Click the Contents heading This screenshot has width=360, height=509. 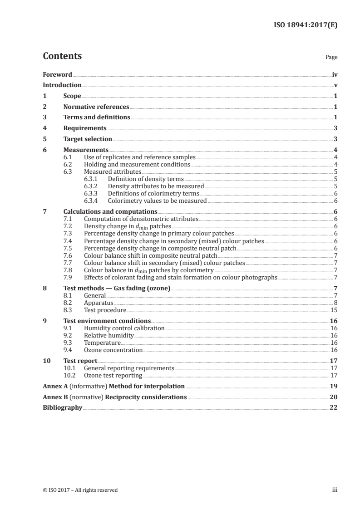click(62, 56)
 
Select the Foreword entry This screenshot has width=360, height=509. click(57, 74)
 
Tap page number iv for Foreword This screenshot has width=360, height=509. click(335, 74)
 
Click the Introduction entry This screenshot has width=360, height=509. click(62, 85)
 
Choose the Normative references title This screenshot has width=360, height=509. click(96, 107)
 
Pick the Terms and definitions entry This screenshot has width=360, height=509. click(97, 117)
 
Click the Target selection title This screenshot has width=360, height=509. click(88, 139)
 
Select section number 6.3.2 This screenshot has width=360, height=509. click(91, 186)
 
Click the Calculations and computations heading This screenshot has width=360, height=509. click(110, 211)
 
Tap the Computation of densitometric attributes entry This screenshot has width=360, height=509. click(141, 219)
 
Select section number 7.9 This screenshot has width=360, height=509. click(67, 277)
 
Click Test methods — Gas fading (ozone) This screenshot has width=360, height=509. click(117, 288)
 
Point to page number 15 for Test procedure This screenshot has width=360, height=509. click(334, 310)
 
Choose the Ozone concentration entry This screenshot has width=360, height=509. click(113, 350)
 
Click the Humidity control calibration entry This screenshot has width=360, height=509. click(124, 328)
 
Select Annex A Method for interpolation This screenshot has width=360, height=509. click(113, 387)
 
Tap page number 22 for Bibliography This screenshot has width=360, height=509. click(334, 408)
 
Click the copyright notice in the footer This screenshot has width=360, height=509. click(80, 490)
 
